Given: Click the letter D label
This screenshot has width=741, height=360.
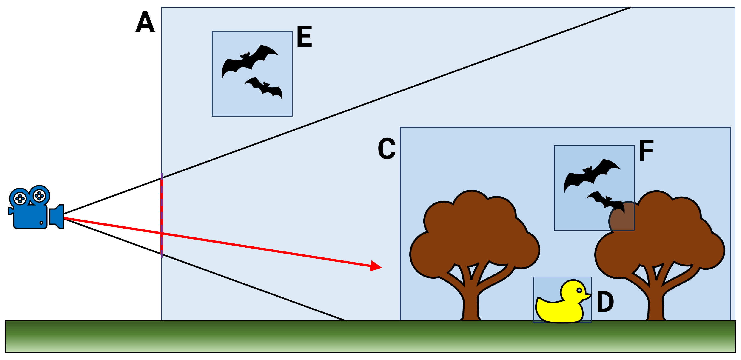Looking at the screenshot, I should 605,302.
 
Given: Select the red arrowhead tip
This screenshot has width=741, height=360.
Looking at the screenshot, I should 381,267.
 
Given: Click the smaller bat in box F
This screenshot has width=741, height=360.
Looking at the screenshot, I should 607,201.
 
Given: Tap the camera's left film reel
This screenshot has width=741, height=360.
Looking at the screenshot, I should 20,198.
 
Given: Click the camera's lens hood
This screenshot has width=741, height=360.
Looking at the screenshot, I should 57,216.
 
